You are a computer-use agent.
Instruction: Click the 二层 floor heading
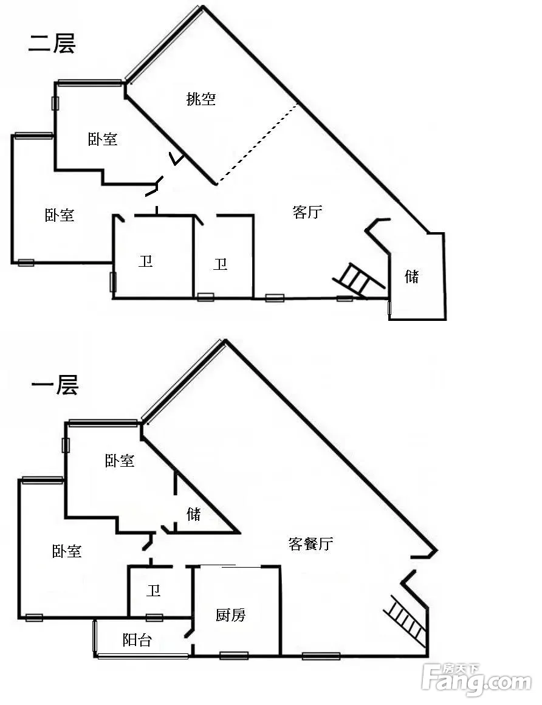pyautogui.click(x=52, y=43)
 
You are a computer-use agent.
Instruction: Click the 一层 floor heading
pyautogui.click(x=55, y=385)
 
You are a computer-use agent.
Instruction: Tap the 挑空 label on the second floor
pyautogui.click(x=201, y=98)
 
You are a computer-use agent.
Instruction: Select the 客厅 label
pyautogui.click(x=307, y=211)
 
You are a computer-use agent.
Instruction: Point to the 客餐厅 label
pyautogui.click(x=310, y=543)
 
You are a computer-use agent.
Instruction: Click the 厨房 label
pyautogui.click(x=230, y=614)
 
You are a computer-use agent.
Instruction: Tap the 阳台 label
pyautogui.click(x=137, y=639)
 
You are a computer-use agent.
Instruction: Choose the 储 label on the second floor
pyautogui.click(x=412, y=276)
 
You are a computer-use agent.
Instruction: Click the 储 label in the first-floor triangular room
pyautogui.click(x=194, y=514)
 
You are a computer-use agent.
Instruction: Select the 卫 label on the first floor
pyautogui.click(x=153, y=590)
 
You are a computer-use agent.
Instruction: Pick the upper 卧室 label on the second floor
pyautogui.click(x=103, y=139)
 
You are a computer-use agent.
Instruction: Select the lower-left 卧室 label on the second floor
pyautogui.click(x=60, y=215)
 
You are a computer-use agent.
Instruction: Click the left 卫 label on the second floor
pyautogui.click(x=145, y=261)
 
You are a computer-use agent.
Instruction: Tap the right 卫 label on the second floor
pyautogui.click(x=220, y=264)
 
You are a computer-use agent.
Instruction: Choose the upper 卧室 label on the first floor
pyautogui.click(x=120, y=461)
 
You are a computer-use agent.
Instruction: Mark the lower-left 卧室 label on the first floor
pyautogui.click(x=67, y=551)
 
